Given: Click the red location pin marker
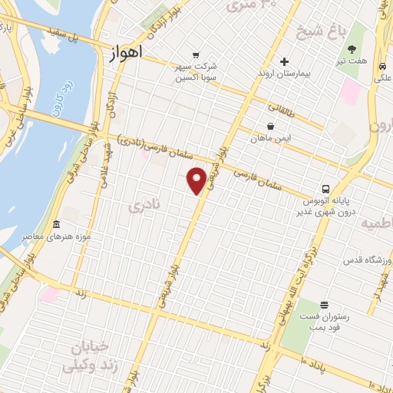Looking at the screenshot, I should [196, 180].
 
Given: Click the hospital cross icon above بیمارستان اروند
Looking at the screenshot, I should [284, 61].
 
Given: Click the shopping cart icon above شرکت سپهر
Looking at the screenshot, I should [196, 55].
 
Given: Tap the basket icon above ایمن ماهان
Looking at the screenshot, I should [271, 126].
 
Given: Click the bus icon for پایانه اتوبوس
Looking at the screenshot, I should [327, 188].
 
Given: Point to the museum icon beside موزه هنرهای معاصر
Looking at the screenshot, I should [56, 225].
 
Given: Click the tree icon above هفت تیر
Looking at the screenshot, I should [352, 49].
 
